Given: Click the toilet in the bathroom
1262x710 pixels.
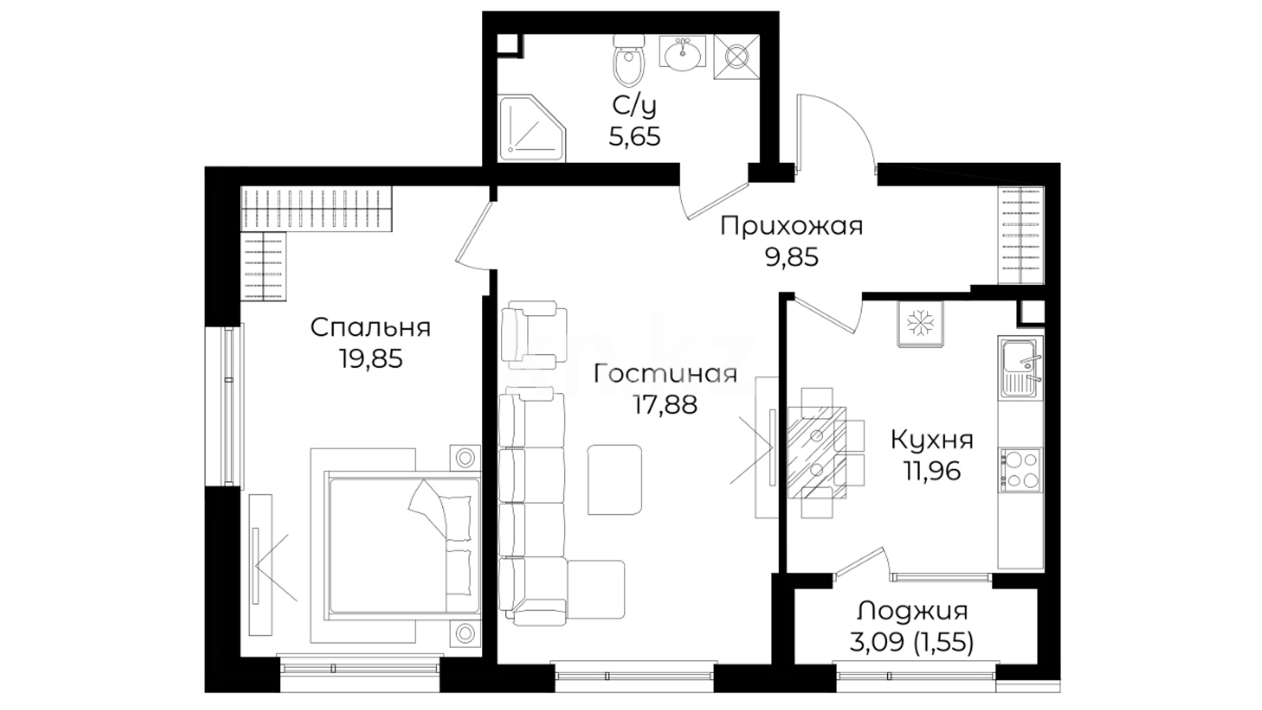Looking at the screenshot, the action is click(x=629, y=60).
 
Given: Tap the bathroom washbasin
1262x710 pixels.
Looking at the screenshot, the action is click(x=684, y=52).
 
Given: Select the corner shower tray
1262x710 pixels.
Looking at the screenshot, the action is click(x=532, y=129).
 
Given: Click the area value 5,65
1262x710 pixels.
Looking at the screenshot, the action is click(x=634, y=137).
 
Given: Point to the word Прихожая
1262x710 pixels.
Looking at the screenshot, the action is click(x=791, y=227).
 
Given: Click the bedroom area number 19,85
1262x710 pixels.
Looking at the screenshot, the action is click(x=371, y=358).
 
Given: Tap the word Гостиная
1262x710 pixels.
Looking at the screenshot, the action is click(x=665, y=374).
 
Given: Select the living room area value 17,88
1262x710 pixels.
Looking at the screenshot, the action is click(x=665, y=404).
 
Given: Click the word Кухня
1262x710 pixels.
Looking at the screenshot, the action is click(x=932, y=440).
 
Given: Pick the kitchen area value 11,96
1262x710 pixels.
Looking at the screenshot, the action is click(x=932, y=471).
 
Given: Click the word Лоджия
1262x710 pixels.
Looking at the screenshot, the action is click(x=912, y=611).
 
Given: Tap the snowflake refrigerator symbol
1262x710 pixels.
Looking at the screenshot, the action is click(x=920, y=323).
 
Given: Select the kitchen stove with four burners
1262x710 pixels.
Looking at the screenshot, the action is click(x=1021, y=470).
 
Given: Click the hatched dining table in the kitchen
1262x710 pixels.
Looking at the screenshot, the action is click(x=817, y=452).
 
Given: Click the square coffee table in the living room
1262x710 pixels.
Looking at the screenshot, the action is click(x=615, y=480).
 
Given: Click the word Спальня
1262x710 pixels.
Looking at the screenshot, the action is click(x=371, y=327).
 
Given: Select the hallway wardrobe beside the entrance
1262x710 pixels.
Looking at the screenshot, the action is click(x=1021, y=235).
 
